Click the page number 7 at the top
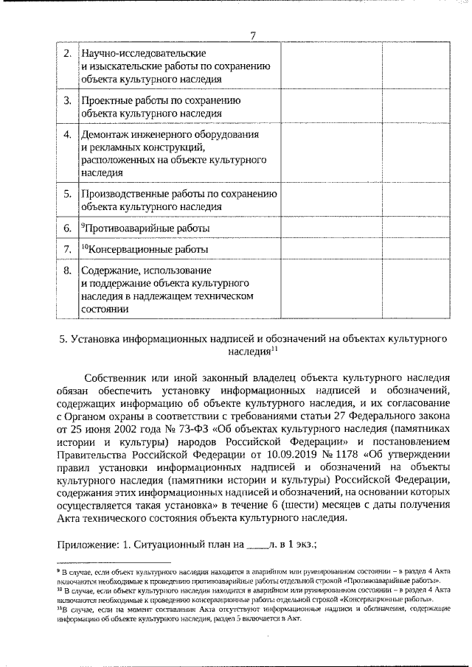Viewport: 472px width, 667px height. point(252,36)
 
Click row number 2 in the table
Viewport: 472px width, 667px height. point(67,54)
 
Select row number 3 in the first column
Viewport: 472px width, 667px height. point(67,99)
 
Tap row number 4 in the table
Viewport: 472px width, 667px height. point(67,135)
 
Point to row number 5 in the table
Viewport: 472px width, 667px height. point(67,194)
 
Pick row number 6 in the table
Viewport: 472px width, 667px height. point(67,229)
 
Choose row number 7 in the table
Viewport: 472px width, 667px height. point(67,249)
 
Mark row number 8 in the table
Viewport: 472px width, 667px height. point(67,270)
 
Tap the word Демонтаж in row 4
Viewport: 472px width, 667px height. point(104,135)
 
